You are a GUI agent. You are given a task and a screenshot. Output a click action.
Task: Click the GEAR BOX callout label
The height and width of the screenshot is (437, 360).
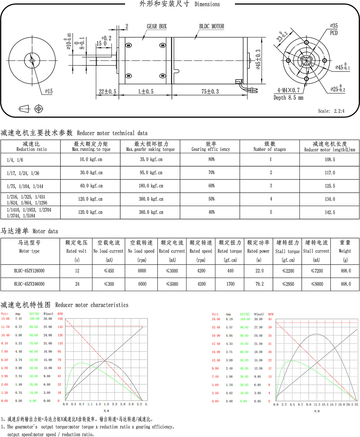pos(157,27)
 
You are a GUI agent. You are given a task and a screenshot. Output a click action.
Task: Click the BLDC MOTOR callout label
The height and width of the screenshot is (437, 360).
pos(212,27)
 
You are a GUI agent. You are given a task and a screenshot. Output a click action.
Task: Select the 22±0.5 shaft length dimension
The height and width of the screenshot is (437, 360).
pos(108,91)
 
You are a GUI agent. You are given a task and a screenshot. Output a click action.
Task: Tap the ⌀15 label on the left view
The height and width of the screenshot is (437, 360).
pos(49,91)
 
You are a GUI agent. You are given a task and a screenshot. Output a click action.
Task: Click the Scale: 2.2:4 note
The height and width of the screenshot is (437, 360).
pos(331,111)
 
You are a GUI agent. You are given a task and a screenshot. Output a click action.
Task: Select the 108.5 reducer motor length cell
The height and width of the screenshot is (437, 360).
pos(329,160)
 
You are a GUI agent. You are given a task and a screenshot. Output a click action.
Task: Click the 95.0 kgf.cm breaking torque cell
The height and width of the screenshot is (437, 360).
pos(151,173)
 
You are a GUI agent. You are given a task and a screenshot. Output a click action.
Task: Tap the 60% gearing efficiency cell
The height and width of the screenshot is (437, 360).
pos(211,186)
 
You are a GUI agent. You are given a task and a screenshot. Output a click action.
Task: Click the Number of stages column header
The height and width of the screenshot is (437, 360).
pos(270,147)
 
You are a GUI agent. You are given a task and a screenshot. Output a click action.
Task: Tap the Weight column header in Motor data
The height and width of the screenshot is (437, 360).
pos(345,247)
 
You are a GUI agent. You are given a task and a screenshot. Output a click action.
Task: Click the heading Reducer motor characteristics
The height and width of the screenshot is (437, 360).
pos(91,305)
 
